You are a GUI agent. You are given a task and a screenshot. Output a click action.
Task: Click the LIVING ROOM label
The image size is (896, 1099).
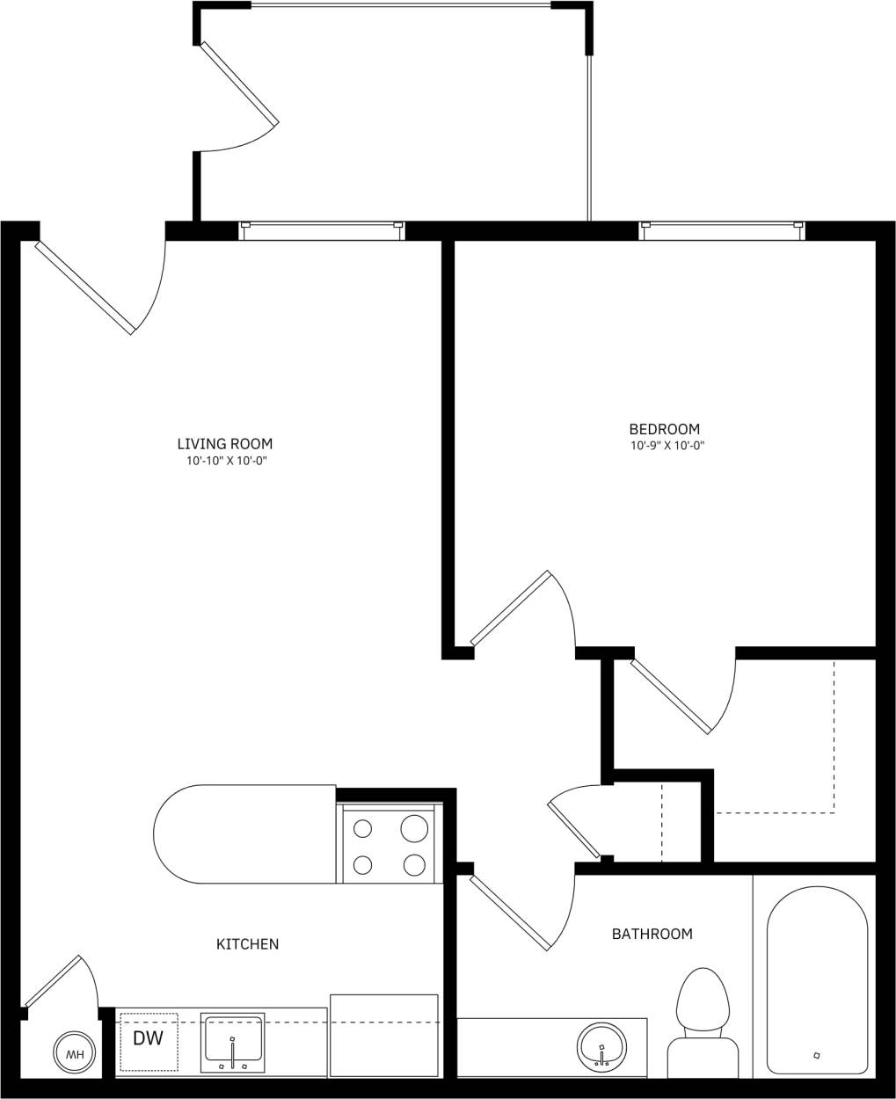pos(225,444)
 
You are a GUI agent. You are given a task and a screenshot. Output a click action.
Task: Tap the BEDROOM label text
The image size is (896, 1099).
pos(665,429)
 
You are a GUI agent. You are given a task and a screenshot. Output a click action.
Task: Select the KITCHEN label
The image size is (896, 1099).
pos(247,944)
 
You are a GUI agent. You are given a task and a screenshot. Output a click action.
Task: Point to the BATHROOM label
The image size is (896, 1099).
pos(652,934)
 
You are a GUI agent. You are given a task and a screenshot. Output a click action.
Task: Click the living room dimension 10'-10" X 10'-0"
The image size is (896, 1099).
pos(225,461)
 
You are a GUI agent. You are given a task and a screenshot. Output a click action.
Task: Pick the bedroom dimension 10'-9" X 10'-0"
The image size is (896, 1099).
pos(667,446)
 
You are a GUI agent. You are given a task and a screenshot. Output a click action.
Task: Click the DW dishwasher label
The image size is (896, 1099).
pos(148,1038)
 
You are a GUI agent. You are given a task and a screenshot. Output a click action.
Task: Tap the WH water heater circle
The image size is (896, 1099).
pos(75,1053)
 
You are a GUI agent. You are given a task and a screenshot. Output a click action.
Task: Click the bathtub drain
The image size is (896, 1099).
pos(816,1055)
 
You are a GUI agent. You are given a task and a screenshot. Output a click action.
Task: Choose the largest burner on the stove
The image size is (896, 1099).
pos(414,828)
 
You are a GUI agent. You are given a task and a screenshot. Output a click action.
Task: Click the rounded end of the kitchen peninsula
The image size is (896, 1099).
pos(180,834)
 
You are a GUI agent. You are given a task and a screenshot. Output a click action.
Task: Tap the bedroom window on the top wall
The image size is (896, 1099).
pos(722,229)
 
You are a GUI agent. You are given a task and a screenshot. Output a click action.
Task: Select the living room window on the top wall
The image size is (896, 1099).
pos(322,229)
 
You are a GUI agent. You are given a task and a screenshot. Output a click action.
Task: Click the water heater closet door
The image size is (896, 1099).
pos(54,980)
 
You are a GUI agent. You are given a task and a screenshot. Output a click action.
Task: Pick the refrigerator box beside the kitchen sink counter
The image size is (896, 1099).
pos(383,1035)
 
